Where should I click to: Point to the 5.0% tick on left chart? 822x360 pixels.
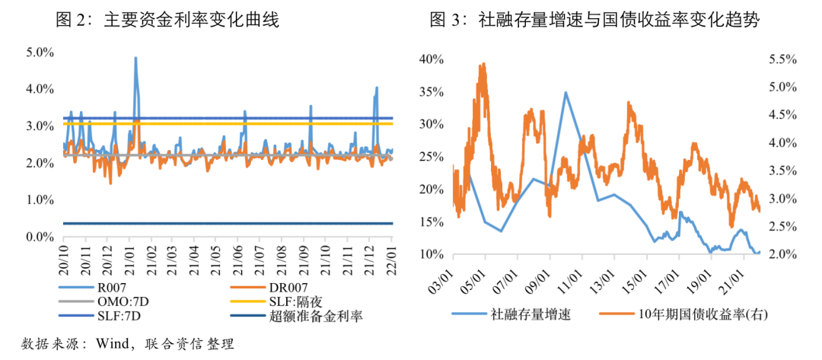click(x=39, y=53)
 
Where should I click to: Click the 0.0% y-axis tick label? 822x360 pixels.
click(x=39, y=237)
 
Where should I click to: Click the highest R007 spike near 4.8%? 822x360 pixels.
click(x=135, y=58)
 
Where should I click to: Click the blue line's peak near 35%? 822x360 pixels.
click(x=566, y=92)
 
